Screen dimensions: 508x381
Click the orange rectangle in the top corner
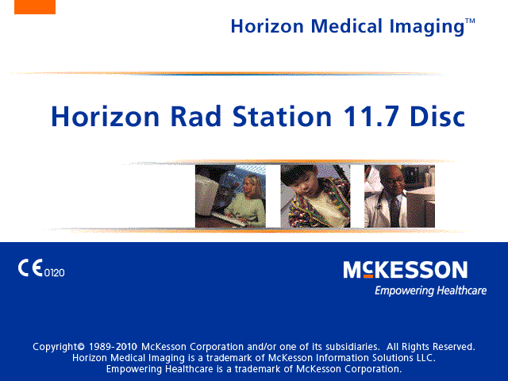click(35, 7)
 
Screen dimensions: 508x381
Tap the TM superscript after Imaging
click(470, 21)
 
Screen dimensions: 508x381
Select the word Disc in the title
click(437, 117)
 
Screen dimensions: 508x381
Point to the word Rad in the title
click(196, 117)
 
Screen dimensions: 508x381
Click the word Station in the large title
click(283, 117)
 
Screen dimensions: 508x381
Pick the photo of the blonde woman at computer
click(230, 196)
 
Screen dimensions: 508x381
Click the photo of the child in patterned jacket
click(315, 196)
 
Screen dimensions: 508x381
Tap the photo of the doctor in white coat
click(399, 196)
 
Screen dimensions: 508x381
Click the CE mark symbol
click(30, 268)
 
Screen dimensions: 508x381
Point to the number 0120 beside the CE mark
click(55, 273)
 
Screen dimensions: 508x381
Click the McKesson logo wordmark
click(406, 270)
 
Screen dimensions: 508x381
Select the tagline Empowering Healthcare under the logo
click(430, 291)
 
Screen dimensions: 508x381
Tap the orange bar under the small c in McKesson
click(368, 276)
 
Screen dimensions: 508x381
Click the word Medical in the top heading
click(347, 26)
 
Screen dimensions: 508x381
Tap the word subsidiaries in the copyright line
click(352, 347)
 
